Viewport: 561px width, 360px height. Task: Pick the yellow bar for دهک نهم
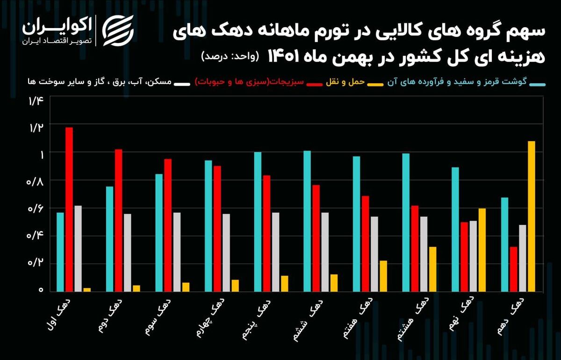482,250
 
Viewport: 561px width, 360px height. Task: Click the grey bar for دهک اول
78,248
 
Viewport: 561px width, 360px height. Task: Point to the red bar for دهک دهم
513,269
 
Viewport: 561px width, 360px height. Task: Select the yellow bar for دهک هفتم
383,276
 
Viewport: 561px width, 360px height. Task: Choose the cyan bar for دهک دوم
110,239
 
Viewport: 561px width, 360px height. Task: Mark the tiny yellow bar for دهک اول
87,289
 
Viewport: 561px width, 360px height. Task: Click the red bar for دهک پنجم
266,233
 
